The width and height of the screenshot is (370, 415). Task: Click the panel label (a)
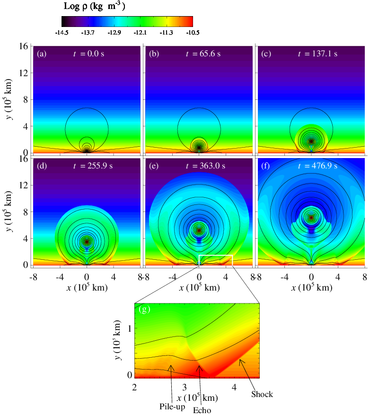point(42,53)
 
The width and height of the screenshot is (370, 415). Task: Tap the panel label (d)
point(42,166)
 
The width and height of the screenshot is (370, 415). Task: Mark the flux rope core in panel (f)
point(311,218)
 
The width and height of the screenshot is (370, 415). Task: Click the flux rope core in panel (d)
point(87,242)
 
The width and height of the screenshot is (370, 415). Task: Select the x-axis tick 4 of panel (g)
point(234,387)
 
